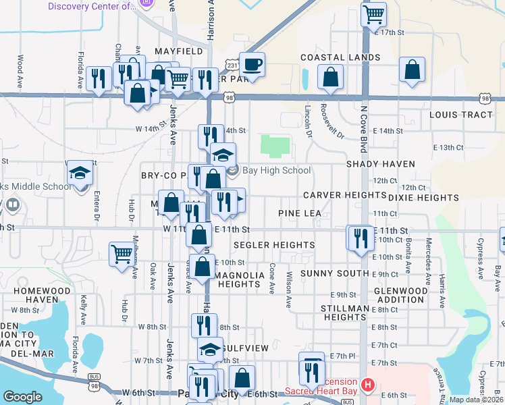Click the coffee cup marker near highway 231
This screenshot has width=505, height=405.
pyautogui.click(x=252, y=65)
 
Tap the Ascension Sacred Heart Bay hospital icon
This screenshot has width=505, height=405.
pyautogui.click(x=368, y=385)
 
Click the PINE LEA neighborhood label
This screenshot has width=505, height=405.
pyautogui.click(x=300, y=213)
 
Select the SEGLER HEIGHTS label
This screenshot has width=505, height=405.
pyautogui.click(x=273, y=244)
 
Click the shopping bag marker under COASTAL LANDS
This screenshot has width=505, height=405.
pyautogui.click(x=331, y=78)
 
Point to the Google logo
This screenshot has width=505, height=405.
pyautogui.click(x=22, y=397)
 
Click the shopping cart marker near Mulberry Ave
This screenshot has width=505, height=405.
pyautogui.click(x=122, y=254)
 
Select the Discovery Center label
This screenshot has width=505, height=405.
pyautogui.click(x=91, y=6)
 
